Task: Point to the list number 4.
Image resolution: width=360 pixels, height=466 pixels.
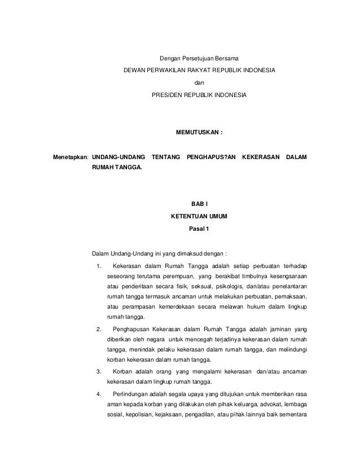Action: click(99, 393)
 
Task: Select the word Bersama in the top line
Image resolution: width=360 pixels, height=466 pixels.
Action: click(226, 58)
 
